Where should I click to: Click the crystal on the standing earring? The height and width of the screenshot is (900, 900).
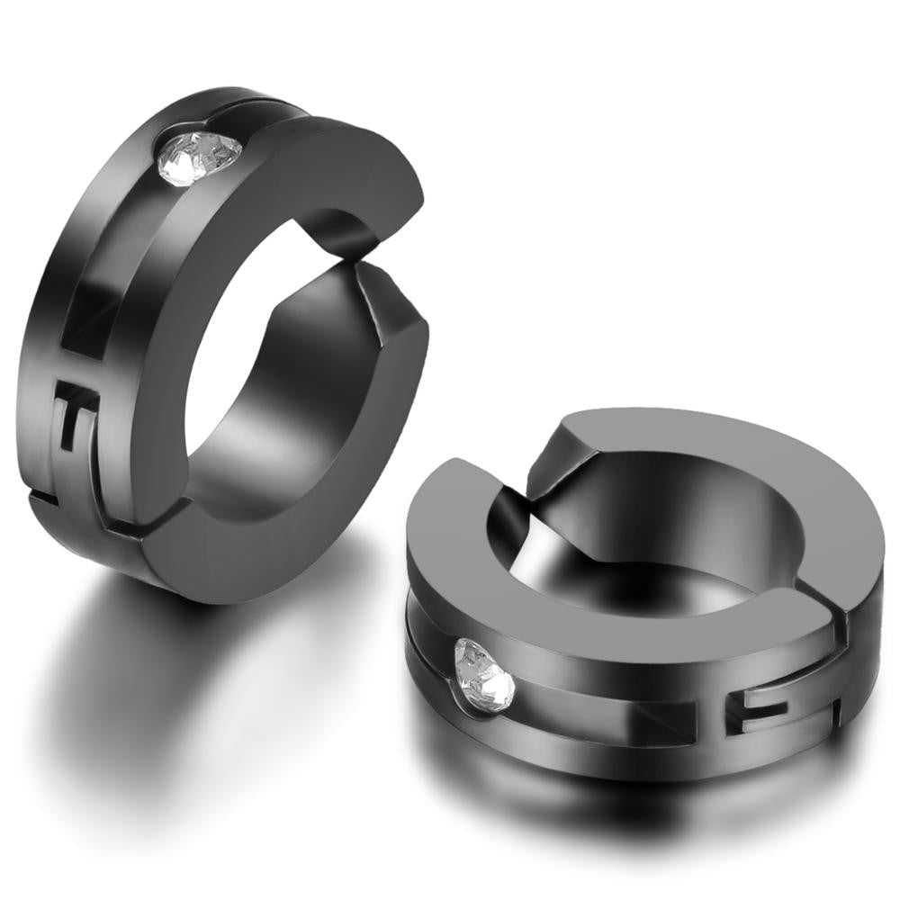click(x=200, y=157)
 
